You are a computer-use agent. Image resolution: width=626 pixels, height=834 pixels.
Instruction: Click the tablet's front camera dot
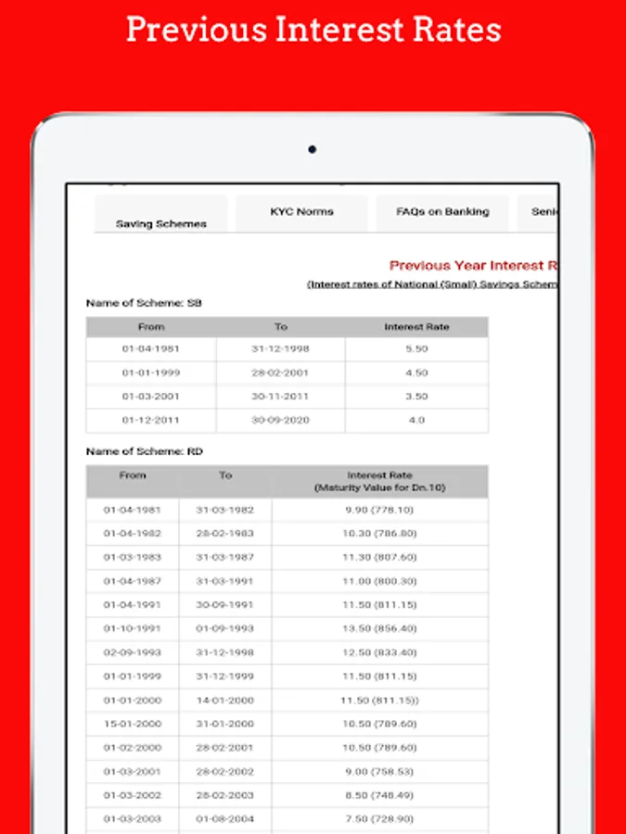pyautogui.click(x=313, y=148)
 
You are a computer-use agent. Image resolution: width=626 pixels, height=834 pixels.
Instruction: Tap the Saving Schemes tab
pyautogui.click(x=161, y=223)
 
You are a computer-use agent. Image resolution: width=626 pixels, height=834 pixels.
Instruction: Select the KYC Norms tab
pyautogui.click(x=301, y=212)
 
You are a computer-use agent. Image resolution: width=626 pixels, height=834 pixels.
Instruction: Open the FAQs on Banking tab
pyautogui.click(x=442, y=212)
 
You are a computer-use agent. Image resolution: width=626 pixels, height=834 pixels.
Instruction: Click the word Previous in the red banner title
pyautogui.click(x=195, y=30)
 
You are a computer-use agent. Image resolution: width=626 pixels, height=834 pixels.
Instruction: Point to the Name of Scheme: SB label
pyautogui.click(x=143, y=303)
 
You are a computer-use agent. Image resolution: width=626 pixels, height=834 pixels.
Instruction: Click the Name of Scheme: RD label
pyautogui.click(x=144, y=451)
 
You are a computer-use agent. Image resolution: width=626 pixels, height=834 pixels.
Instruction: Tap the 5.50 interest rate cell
pyautogui.click(x=416, y=349)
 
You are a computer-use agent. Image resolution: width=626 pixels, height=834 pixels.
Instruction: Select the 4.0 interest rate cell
pyautogui.click(x=416, y=421)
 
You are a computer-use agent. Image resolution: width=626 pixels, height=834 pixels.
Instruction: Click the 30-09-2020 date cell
pyautogui.click(x=280, y=421)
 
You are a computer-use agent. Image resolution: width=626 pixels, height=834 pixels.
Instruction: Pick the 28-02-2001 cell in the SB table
pyautogui.click(x=280, y=373)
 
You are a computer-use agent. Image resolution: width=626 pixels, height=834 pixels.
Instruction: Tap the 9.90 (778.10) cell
pyautogui.click(x=378, y=510)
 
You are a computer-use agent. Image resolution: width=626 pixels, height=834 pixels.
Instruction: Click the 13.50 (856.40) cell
pyautogui.click(x=378, y=628)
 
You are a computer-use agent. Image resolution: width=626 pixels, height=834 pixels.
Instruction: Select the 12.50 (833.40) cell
pyautogui.click(x=378, y=652)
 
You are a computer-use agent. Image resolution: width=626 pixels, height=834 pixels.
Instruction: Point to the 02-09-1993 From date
pyautogui.click(x=133, y=652)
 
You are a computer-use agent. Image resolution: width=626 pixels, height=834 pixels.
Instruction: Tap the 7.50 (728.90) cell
pyautogui.click(x=378, y=819)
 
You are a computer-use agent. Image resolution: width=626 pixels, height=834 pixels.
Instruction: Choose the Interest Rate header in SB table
pyautogui.click(x=416, y=327)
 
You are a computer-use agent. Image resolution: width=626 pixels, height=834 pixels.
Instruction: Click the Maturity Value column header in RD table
pyautogui.click(x=379, y=481)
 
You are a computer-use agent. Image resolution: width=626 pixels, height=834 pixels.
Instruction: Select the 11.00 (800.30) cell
pyautogui.click(x=378, y=581)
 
